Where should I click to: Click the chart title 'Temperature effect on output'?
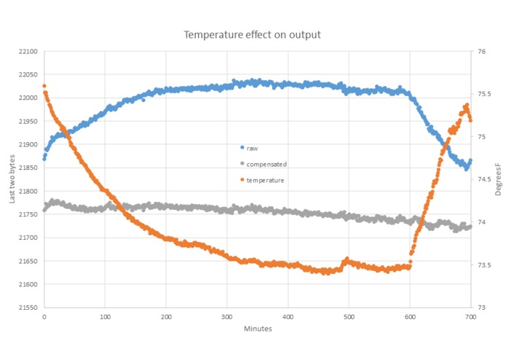click(x=252, y=34)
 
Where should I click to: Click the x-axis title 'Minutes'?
click(x=258, y=329)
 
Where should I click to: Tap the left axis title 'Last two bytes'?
click(x=12, y=179)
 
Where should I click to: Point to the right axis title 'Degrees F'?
click(x=498, y=179)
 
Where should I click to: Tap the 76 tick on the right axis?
click(x=481, y=52)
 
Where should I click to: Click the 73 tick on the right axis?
click(x=481, y=308)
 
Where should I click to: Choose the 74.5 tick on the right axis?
click(x=483, y=179)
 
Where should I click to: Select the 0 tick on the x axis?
click(x=44, y=317)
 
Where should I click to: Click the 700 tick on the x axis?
click(x=470, y=317)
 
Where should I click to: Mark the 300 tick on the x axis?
click(x=227, y=317)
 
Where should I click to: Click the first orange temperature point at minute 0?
click(x=44, y=86)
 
